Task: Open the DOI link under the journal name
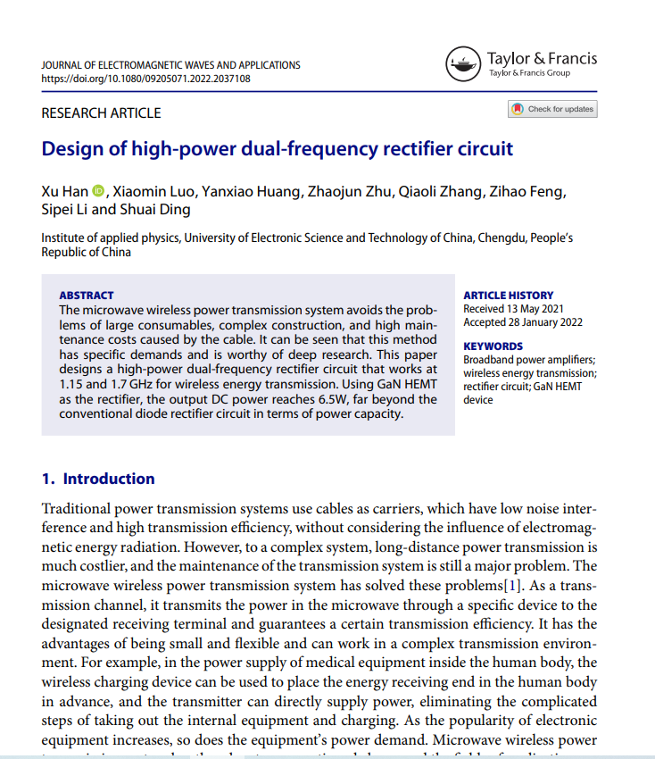(x=145, y=79)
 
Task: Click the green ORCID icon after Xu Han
(x=98, y=191)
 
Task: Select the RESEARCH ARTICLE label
(x=101, y=113)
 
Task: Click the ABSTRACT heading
(x=86, y=296)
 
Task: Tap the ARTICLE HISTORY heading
(x=508, y=296)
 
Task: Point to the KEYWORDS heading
(x=493, y=346)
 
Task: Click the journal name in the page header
(x=170, y=65)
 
